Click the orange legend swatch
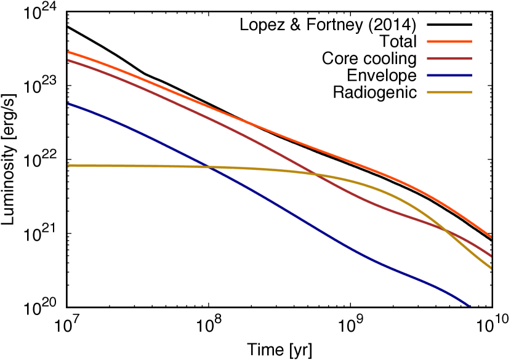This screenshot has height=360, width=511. [x=449, y=41]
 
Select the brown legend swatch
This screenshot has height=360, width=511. [x=449, y=58]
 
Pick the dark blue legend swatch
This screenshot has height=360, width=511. [x=449, y=76]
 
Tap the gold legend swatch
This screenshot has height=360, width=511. [x=449, y=92]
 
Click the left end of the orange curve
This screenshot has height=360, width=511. [x=68, y=52]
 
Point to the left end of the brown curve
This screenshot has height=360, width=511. [x=68, y=60]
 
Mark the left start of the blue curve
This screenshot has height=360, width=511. [x=68, y=104]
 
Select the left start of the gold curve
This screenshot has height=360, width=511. [x=68, y=165]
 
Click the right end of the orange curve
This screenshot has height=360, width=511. [x=491, y=237]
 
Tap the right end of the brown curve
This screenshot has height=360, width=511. [x=491, y=255]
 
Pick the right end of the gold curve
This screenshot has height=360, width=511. [x=491, y=268]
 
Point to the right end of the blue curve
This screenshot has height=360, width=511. [x=470, y=305]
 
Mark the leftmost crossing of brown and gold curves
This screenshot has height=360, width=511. [x=315, y=174]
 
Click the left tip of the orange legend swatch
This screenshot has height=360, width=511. [x=427, y=41]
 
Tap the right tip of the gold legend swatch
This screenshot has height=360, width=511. [x=472, y=92]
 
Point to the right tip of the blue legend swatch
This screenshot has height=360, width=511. [x=472, y=76]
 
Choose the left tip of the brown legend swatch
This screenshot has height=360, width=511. [x=427, y=58]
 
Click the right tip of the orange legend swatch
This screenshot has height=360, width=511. [x=472, y=41]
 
